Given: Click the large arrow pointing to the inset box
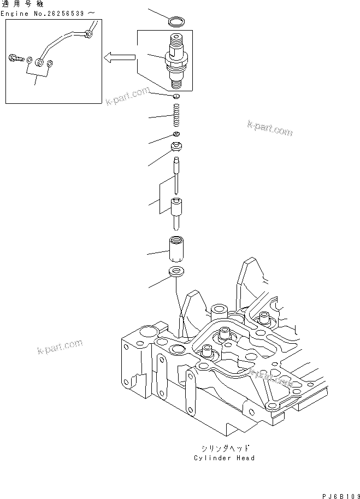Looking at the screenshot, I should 120,56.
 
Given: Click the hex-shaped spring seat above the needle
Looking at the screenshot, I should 178,146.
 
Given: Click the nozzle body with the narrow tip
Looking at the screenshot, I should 178,213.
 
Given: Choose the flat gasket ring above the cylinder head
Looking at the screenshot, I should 178,272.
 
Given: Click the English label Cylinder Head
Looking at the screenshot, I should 224,458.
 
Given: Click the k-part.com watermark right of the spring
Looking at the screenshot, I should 269,129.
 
